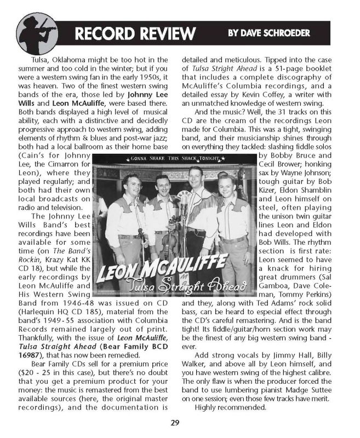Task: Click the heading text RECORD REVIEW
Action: (134, 33)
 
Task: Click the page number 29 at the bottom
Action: (180, 422)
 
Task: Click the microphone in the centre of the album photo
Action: (186, 197)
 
